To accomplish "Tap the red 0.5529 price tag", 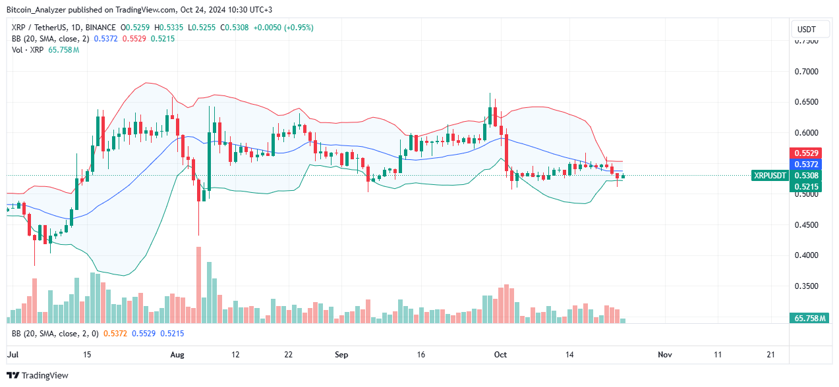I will [x=807, y=153].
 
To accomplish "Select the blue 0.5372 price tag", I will [x=807, y=164].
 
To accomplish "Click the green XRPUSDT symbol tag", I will [x=769, y=175].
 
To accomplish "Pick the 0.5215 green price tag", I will [x=807, y=187].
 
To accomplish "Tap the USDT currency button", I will [x=806, y=30].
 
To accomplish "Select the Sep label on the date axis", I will [x=341, y=354].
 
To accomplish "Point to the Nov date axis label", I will [x=664, y=354].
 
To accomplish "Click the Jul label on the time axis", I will [x=12, y=354].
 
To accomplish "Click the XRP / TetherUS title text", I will [x=34, y=28].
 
